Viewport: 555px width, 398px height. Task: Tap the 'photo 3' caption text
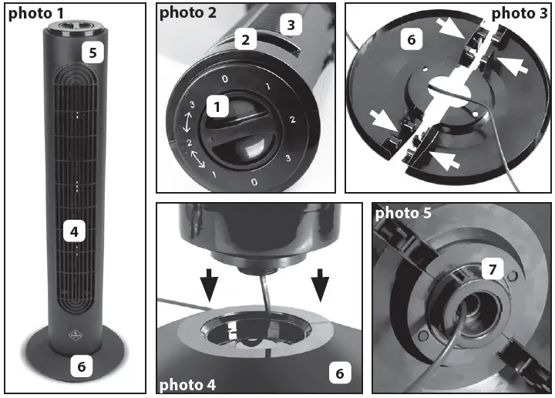pyautogui.click(x=519, y=13)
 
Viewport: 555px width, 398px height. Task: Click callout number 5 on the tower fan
pyautogui.click(x=92, y=52)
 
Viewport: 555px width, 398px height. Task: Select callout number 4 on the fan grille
pyautogui.click(x=74, y=230)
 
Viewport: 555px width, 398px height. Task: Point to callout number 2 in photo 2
pyautogui.click(x=246, y=39)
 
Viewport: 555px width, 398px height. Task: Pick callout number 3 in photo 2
pyautogui.click(x=291, y=25)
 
